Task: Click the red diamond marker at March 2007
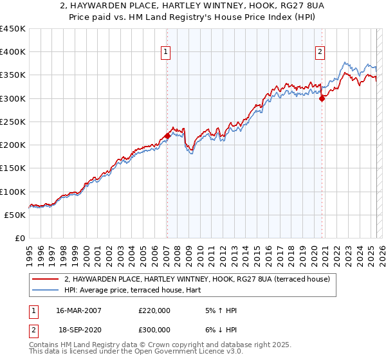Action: pyautogui.click(x=167, y=136)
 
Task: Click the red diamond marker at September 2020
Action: pyautogui.click(x=322, y=98)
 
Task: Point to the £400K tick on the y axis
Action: pyautogui.click(x=13, y=52)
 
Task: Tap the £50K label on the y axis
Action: pyautogui.click(x=15, y=215)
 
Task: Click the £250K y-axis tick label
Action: pyautogui.click(x=13, y=122)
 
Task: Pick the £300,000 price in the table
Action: pyautogui.click(x=154, y=328)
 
